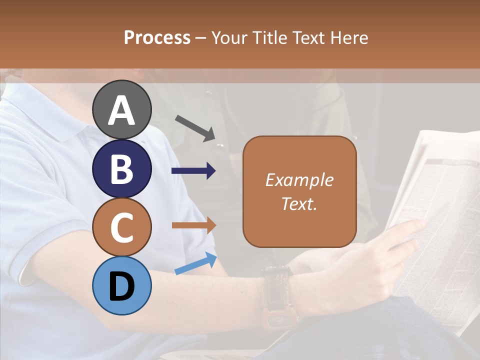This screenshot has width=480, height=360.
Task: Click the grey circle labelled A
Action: [x=122, y=109]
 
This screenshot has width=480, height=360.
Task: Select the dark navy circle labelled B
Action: [x=122, y=168]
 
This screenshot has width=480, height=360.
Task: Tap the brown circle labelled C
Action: [x=122, y=227]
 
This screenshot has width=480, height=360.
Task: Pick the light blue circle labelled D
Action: [x=122, y=285]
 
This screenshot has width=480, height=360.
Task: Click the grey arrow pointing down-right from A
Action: [x=195, y=127]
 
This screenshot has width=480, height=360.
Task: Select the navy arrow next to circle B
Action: [x=194, y=171]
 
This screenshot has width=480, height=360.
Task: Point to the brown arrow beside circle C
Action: [x=194, y=225]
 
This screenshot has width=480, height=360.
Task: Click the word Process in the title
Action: [x=157, y=37]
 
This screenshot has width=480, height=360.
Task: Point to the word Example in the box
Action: [x=299, y=180]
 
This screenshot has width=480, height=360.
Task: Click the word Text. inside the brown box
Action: [x=299, y=203]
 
